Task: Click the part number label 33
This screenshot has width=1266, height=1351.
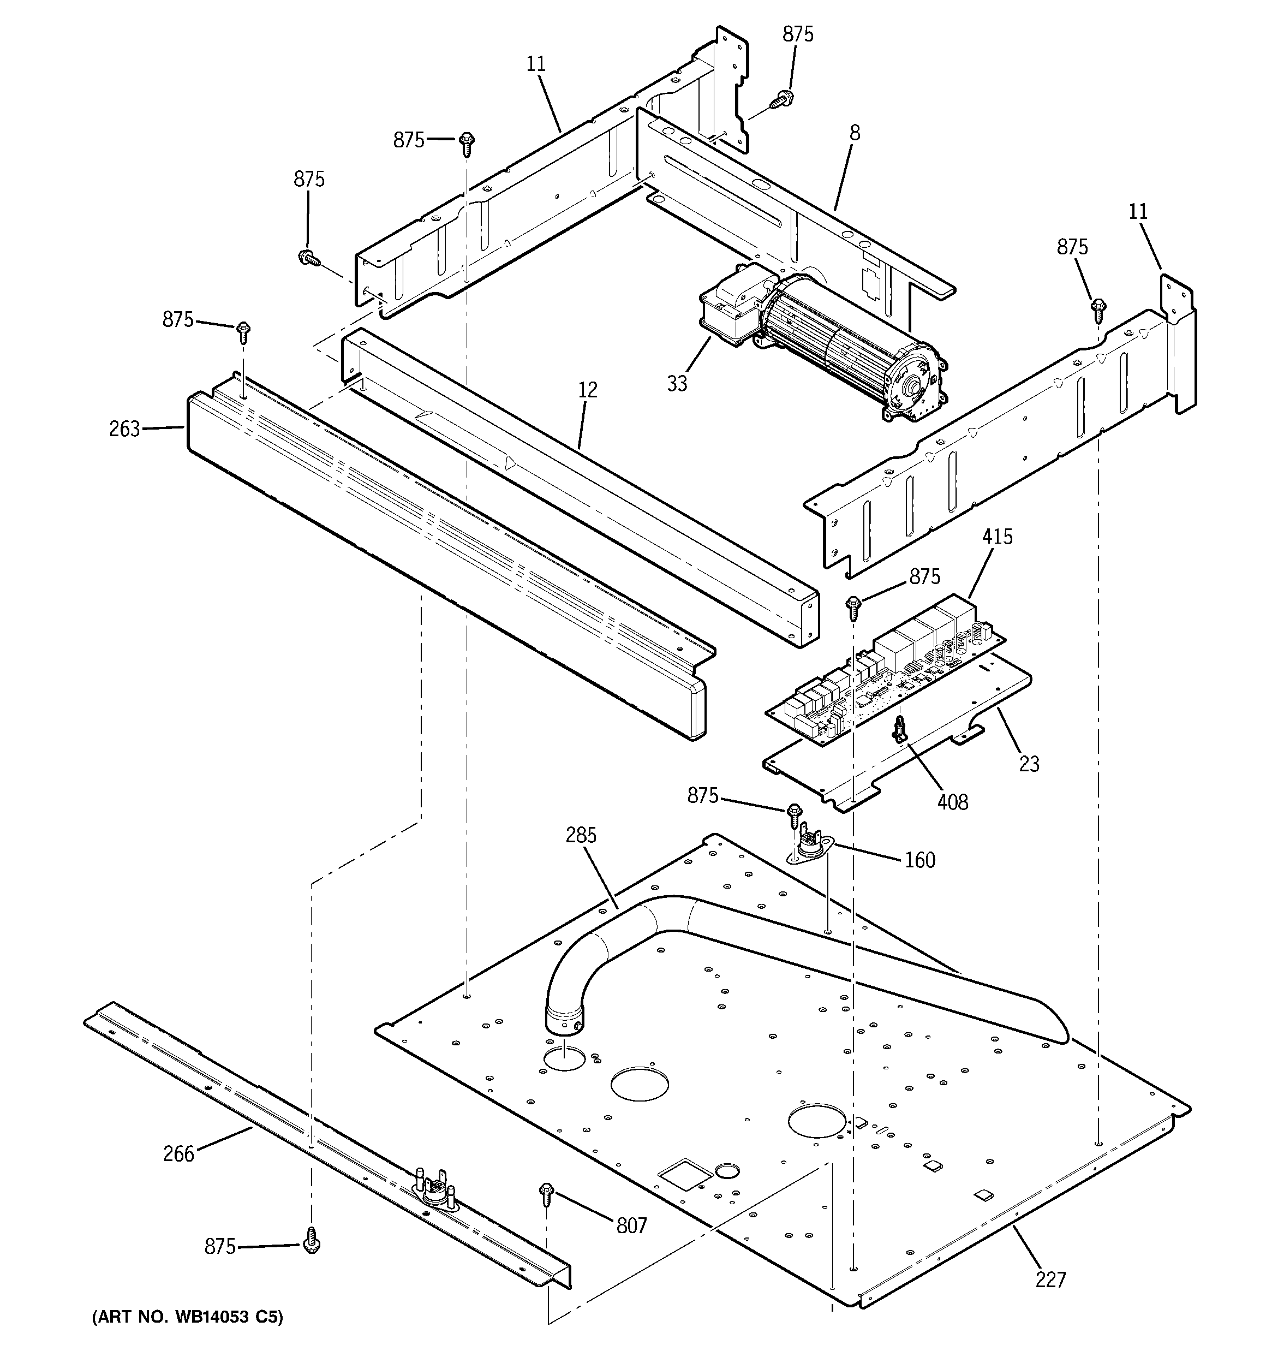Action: click(x=677, y=383)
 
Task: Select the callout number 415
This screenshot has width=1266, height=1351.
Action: click(x=997, y=537)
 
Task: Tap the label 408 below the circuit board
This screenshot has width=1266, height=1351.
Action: click(x=952, y=802)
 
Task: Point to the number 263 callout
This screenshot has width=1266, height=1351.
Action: click(x=124, y=429)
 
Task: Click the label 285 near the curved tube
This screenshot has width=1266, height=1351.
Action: click(x=581, y=835)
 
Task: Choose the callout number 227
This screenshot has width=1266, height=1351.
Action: click(x=1050, y=1279)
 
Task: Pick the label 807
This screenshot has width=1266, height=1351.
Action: click(x=631, y=1225)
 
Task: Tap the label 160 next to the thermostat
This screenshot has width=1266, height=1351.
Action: click(x=919, y=860)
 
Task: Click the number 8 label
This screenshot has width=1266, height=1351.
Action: click(x=854, y=133)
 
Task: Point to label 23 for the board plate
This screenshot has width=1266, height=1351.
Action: click(x=1029, y=764)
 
